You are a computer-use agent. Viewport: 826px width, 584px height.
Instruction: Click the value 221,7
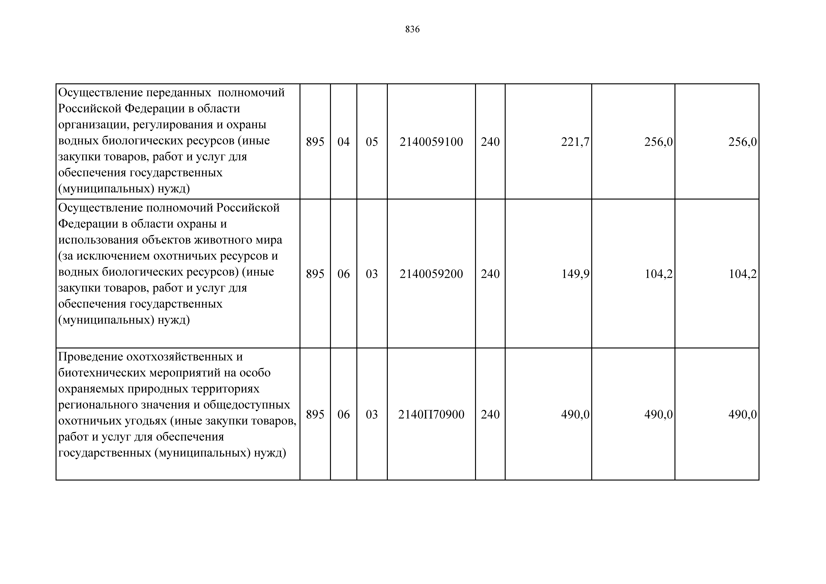(575, 142)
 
